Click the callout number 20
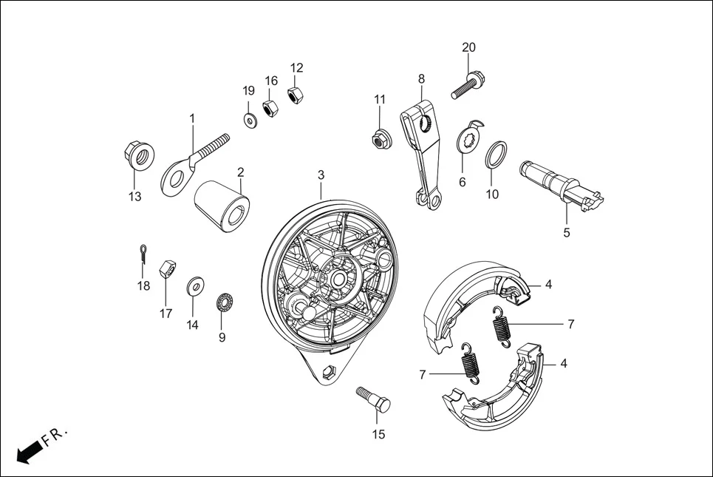[x=468, y=47]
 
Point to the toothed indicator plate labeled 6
[x=468, y=140]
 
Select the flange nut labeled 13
[x=137, y=155]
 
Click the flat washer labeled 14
[x=196, y=285]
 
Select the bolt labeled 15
[x=374, y=399]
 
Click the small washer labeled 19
[x=249, y=119]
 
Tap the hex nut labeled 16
[x=270, y=107]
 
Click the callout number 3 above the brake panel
[x=321, y=175]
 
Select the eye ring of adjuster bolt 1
[x=176, y=176]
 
